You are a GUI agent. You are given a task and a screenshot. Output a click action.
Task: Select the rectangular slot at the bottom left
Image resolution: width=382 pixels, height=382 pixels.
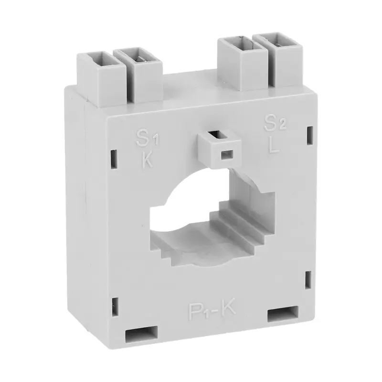pyautogui.click(x=141, y=335)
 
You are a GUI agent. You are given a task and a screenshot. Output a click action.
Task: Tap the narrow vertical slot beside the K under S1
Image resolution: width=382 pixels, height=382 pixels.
pyautogui.click(x=115, y=158)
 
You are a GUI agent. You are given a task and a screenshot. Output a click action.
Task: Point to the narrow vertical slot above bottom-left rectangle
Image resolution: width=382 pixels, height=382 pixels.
pyautogui.click(x=115, y=305)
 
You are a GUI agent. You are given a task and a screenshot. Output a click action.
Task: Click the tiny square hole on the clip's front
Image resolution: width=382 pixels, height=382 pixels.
pyautogui.click(x=224, y=154)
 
